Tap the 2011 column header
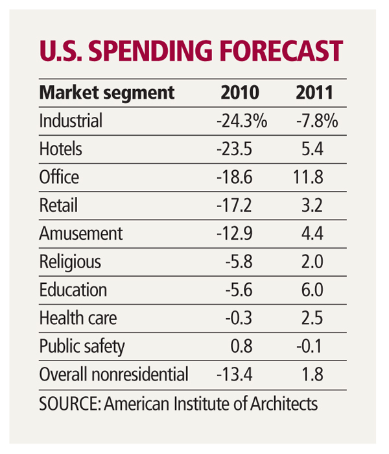[314, 92]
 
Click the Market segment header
[107, 92]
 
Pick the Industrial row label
[71, 121]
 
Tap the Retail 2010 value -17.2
[238, 206]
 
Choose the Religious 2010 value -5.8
[242, 262]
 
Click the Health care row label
[78, 319]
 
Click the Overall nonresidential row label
[114, 375]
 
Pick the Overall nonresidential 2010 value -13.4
[238, 375]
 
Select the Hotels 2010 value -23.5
[238, 149]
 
